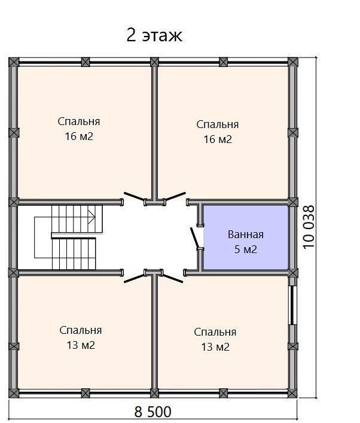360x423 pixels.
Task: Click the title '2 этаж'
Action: coord(154,35)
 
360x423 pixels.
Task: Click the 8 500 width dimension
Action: coord(152,412)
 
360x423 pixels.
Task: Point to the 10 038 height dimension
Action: coord(309,227)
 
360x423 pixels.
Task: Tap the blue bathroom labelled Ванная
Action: coord(246,238)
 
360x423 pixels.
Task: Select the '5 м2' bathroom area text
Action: coord(246,249)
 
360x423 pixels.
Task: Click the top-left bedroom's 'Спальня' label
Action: coord(79,121)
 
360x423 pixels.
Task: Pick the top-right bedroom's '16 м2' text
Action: coord(218,139)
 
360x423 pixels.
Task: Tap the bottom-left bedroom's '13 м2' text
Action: coord(81,345)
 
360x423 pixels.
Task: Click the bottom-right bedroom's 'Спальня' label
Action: coord(215,332)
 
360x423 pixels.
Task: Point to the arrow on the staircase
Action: coord(91,217)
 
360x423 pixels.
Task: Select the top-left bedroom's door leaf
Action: coord(134,197)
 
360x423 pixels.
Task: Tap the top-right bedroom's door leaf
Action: coord(175,196)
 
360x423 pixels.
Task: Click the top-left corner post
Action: coord(14,62)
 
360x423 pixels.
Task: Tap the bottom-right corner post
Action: coord(293,393)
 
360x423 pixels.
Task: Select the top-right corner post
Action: coord(293,62)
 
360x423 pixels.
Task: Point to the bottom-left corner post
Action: coord(14,393)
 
